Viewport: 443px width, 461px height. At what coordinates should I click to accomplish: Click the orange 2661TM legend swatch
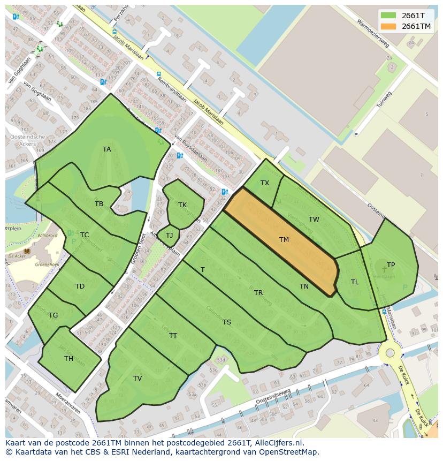point(388,26)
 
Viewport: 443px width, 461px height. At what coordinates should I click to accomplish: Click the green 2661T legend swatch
point(388,16)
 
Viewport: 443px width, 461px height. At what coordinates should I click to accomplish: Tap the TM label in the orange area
point(284,240)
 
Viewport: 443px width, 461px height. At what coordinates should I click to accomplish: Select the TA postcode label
point(107,149)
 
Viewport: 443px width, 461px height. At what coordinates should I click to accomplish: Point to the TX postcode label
point(265,183)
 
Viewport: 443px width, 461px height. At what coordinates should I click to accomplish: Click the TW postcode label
point(314,220)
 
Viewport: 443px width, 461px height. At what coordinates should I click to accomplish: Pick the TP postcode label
point(391,265)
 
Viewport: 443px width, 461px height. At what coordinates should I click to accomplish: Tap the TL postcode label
point(355,282)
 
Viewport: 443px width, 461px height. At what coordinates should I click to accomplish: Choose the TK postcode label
point(182,205)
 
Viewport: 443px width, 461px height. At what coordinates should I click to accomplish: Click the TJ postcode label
point(169,236)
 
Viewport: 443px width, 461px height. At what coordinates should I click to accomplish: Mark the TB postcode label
point(99,204)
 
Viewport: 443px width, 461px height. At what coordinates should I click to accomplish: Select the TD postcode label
point(80,286)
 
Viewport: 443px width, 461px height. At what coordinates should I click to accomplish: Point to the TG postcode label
point(53,315)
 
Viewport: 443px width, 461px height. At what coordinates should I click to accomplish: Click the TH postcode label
point(68,359)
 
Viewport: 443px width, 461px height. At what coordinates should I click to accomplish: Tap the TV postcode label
point(138,379)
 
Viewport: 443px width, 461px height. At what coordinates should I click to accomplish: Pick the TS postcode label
point(227,322)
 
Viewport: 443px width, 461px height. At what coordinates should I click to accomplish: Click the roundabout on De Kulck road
point(390,353)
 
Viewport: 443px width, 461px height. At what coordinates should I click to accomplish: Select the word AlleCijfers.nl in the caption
point(278,443)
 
